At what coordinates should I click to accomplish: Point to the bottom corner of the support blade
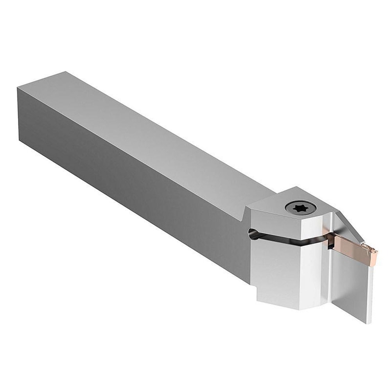[x=368, y=323]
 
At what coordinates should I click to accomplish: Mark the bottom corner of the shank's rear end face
[x=20, y=139]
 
